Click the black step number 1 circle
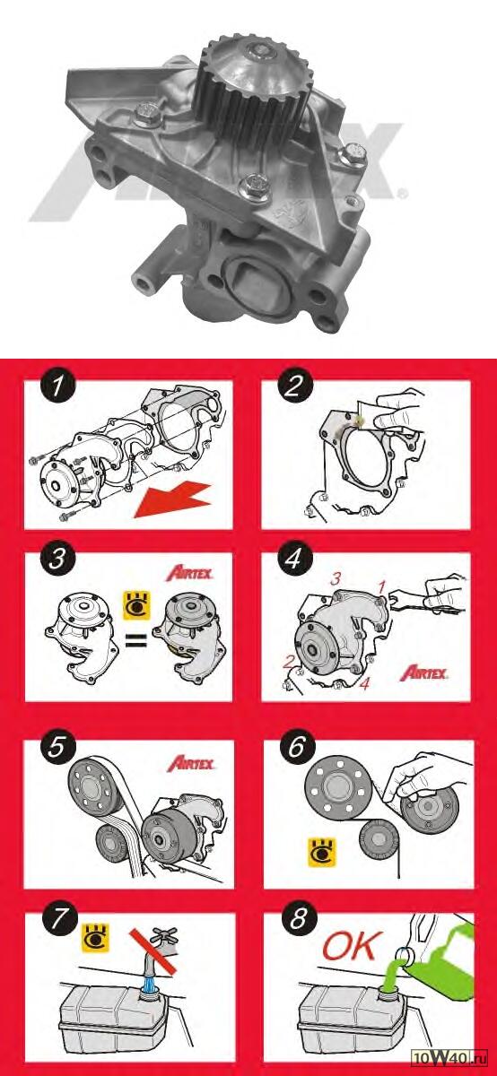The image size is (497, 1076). click(57, 387)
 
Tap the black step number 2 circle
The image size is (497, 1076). click(294, 387)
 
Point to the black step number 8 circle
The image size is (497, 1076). click(298, 918)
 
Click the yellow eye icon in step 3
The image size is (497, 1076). click(137, 605)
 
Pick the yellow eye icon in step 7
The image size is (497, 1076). click(96, 938)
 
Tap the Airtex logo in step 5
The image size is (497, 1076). click(191, 763)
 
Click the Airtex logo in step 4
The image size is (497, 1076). click(424, 673)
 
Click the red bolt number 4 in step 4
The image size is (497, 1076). click(365, 683)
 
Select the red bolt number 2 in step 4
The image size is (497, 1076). click(287, 663)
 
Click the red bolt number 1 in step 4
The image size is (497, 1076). click(382, 586)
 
